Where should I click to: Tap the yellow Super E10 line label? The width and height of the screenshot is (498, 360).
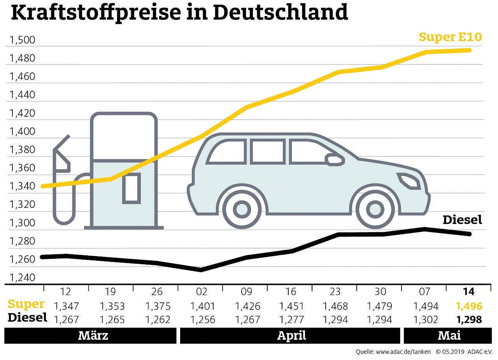click(450, 37)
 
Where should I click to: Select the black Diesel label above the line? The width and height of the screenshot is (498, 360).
click(462, 220)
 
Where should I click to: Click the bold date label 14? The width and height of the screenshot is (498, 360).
click(469, 292)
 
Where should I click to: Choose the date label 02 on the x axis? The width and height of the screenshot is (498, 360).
click(201, 292)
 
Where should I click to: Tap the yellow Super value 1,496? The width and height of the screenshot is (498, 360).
click(469, 306)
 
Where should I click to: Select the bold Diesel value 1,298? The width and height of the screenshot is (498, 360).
click(469, 320)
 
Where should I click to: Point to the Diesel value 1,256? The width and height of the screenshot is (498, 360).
click(201, 320)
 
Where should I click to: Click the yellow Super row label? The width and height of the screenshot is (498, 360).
click(26, 304)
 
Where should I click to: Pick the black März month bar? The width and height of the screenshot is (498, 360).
click(90, 335)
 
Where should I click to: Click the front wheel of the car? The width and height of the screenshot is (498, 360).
click(375, 209)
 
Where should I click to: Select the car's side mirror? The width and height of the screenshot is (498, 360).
click(335, 160)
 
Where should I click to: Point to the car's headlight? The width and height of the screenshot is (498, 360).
click(409, 181)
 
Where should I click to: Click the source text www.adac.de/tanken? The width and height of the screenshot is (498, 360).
click(403, 352)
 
